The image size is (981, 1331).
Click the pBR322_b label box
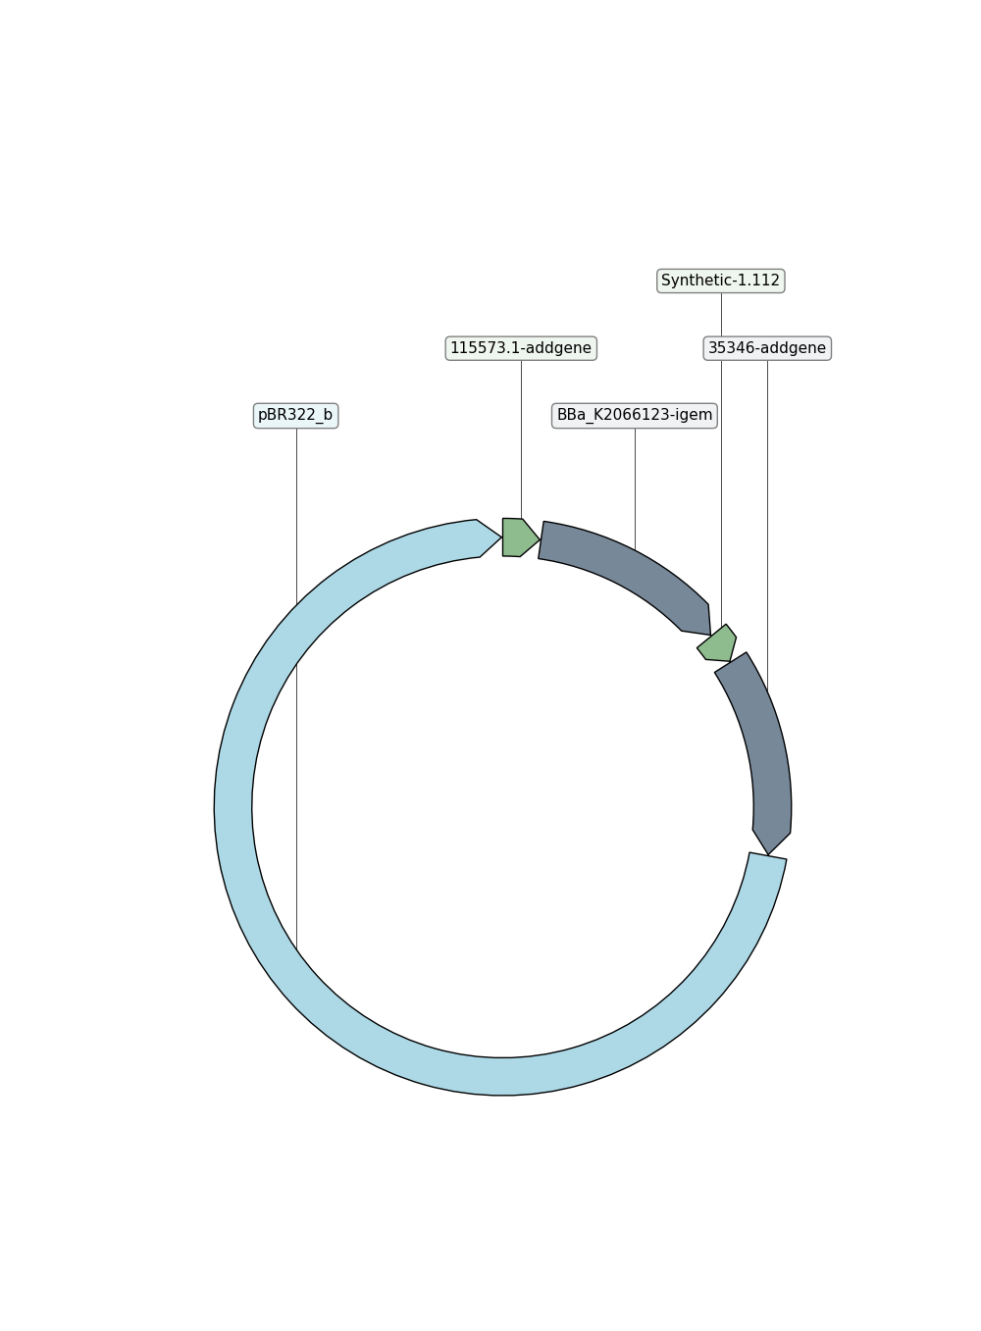click(x=295, y=415)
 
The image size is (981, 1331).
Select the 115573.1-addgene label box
click(x=521, y=348)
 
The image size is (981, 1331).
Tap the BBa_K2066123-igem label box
click(x=634, y=415)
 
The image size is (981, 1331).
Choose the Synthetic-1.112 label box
click(x=720, y=281)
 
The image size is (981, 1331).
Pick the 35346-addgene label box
click(x=766, y=348)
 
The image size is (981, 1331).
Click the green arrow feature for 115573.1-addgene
click(x=519, y=538)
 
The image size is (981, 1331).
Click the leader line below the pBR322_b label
click(x=296, y=690)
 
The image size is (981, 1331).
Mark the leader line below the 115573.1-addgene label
click(x=521, y=439)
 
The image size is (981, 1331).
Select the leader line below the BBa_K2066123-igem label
click(x=635, y=489)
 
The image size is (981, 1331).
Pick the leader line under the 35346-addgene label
click(x=767, y=526)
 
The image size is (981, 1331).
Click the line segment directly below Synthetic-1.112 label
click(x=721, y=314)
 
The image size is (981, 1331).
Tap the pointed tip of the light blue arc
click(x=501, y=538)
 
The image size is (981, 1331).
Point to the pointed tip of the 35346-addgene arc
click(x=768, y=854)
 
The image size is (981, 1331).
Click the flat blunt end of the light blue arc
click(x=768, y=855)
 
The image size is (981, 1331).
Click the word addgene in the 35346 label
click(x=795, y=349)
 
